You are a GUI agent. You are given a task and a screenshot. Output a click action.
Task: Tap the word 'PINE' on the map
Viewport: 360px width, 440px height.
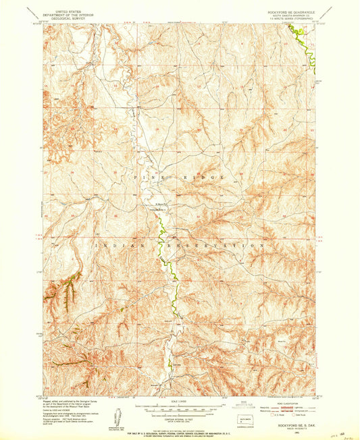pos(150,177)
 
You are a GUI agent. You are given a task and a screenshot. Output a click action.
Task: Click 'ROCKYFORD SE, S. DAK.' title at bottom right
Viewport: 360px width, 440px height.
pos(288,424)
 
